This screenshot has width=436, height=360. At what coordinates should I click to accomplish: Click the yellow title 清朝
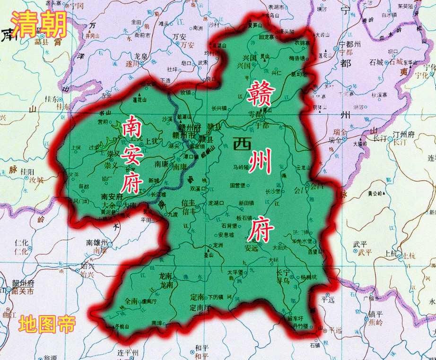coord(39,23)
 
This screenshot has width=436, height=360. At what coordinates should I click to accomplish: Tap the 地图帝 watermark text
coord(47,325)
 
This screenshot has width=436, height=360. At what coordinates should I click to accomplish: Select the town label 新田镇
coord(246,202)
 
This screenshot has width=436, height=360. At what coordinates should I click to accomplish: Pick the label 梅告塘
coord(296,58)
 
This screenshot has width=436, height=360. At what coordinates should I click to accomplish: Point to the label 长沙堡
coord(274,191)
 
